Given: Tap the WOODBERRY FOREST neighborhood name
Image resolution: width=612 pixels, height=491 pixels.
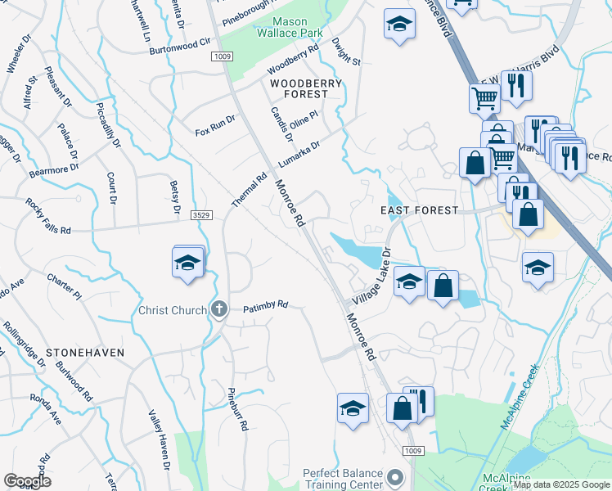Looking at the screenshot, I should point(299,88).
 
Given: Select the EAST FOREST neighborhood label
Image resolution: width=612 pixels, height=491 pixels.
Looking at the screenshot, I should point(420,210).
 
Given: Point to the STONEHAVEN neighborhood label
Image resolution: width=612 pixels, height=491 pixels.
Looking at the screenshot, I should point(85,352).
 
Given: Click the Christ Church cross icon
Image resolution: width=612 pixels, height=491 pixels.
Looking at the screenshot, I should point(218,309).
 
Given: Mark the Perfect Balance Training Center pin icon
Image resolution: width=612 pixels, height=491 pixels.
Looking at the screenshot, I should point(396,476).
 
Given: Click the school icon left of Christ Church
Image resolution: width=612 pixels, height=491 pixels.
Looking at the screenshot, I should point(188,264).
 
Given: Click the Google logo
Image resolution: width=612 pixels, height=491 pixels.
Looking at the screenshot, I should point(27,481).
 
